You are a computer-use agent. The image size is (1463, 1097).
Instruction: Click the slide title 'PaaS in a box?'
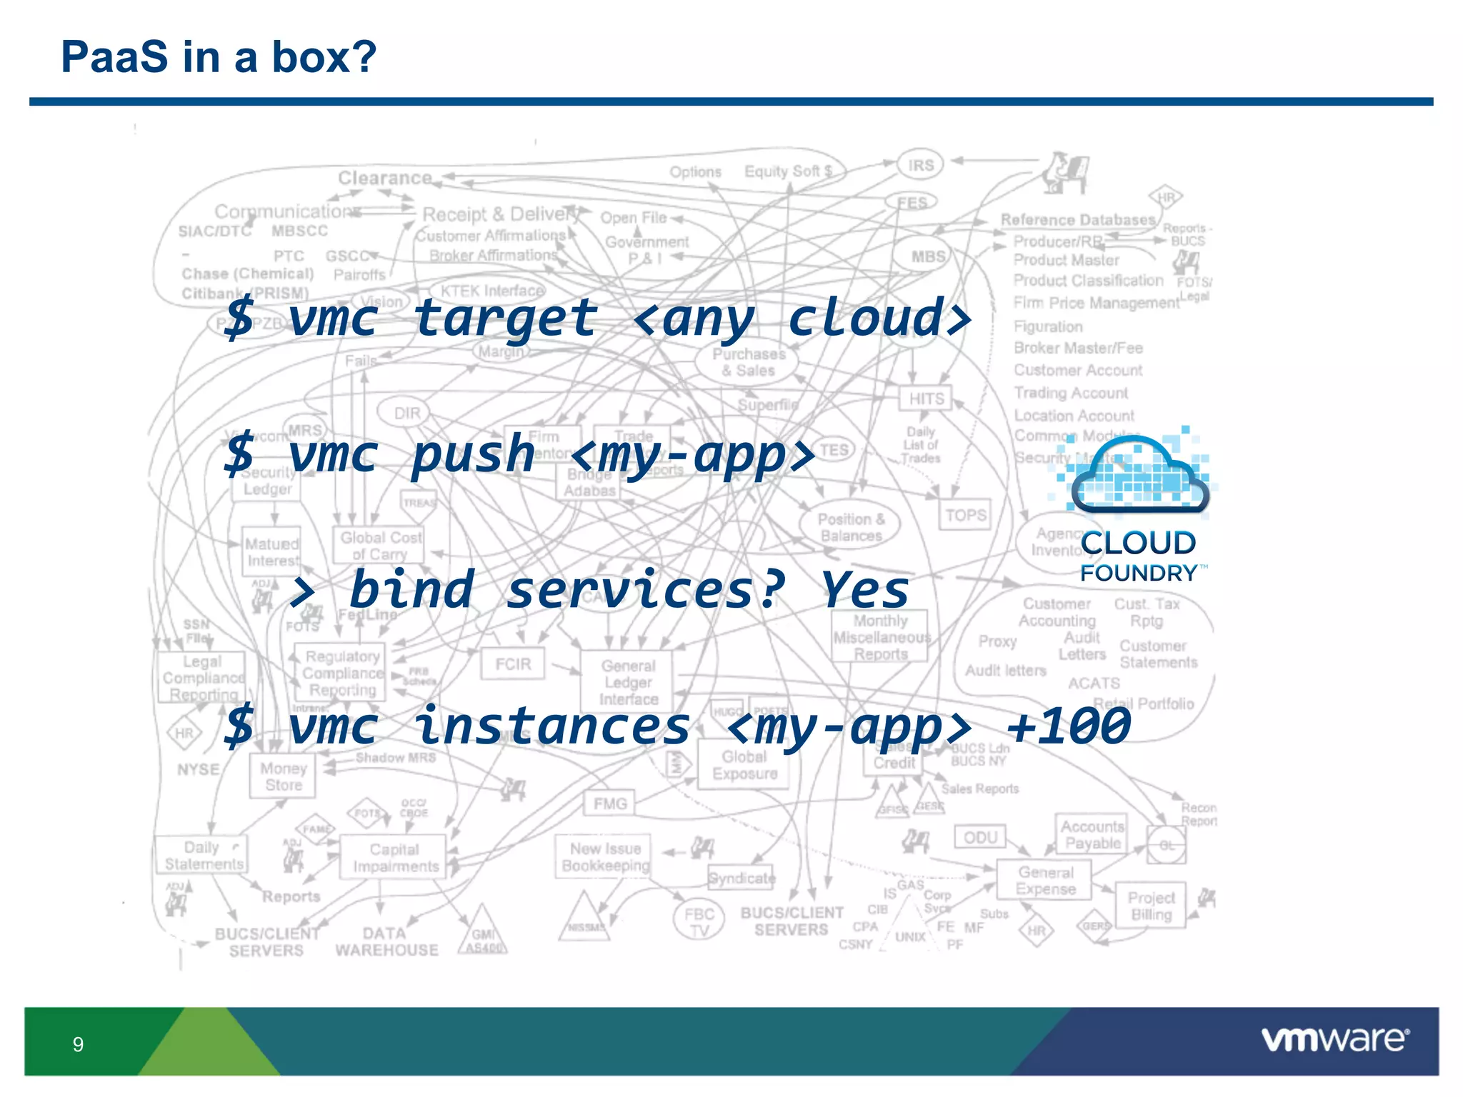tap(218, 56)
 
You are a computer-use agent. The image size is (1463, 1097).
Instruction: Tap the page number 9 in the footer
tap(78, 1044)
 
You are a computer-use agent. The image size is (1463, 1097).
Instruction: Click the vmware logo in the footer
tap(1334, 1039)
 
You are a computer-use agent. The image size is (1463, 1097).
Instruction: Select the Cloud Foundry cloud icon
tap(1139, 475)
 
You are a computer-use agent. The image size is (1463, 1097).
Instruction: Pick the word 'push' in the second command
tap(473, 454)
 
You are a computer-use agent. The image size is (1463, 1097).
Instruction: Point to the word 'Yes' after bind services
tap(865, 591)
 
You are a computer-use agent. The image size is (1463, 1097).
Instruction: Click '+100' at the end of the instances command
tap(1069, 726)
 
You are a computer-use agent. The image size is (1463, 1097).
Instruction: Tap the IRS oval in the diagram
tap(921, 165)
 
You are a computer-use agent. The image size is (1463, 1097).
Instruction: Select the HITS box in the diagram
tap(926, 399)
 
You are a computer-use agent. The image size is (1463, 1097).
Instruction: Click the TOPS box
tap(966, 515)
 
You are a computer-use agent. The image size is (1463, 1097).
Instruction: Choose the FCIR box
tap(513, 664)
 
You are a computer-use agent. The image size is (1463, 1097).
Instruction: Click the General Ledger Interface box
tap(627, 682)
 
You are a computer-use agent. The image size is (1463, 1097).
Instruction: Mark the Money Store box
tap(283, 776)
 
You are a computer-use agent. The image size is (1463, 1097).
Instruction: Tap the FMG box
tap(609, 803)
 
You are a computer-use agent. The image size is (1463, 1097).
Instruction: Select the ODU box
tap(979, 837)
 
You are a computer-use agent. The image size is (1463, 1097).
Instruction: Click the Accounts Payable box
tap(1092, 834)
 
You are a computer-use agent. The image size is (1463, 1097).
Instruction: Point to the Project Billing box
tap(1151, 906)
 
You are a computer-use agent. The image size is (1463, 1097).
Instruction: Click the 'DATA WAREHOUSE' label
tap(386, 941)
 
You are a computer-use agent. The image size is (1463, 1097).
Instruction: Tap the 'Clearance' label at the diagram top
tap(385, 178)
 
